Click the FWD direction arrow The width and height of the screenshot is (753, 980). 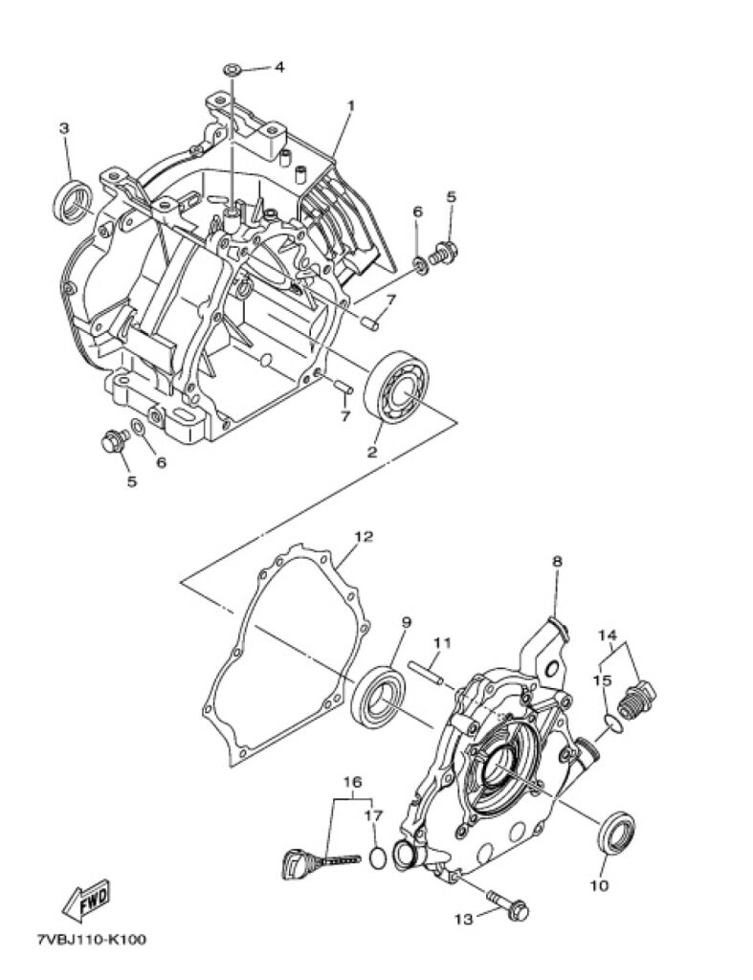point(86,900)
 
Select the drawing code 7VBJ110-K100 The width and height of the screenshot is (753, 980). point(91,940)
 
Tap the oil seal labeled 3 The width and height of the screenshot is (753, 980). point(73,201)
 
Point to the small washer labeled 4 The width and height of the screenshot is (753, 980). point(232,68)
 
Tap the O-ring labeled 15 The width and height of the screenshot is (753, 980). point(613,724)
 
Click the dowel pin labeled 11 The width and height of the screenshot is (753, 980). point(426,672)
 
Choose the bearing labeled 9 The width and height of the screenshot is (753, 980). point(376,697)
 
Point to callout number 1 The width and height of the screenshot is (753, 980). point(350,106)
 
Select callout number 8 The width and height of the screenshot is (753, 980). point(557,561)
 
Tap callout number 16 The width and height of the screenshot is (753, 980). point(352,782)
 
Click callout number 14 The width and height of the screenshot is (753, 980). point(608,635)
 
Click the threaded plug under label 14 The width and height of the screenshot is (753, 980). point(637,701)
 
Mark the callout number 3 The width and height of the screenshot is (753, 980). point(64,128)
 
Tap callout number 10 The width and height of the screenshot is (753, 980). point(599,886)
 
